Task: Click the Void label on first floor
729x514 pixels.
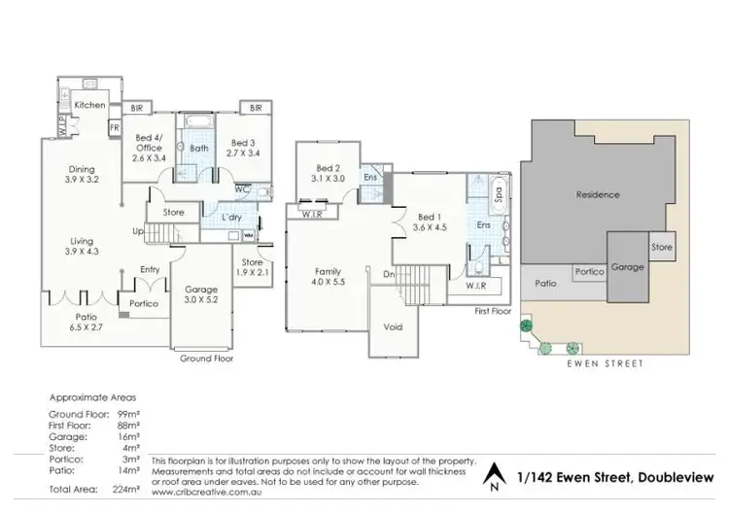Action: (393, 327)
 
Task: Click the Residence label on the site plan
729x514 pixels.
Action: (598, 194)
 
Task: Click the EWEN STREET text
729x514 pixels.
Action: (606, 364)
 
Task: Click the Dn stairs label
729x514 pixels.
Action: (388, 275)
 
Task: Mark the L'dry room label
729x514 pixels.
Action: (232, 217)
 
